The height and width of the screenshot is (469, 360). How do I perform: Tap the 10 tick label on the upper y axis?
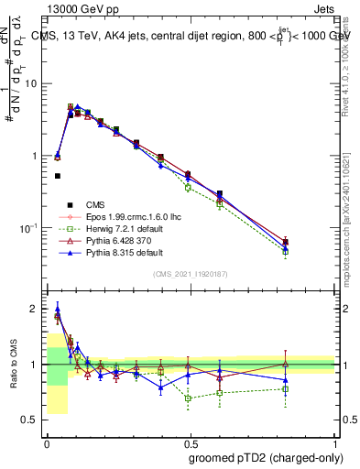tap(31, 83)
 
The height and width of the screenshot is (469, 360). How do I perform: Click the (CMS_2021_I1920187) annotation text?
tap(191, 275)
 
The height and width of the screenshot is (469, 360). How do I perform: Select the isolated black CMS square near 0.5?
tap(58, 176)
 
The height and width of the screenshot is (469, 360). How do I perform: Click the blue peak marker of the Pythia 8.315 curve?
tap(78, 107)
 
